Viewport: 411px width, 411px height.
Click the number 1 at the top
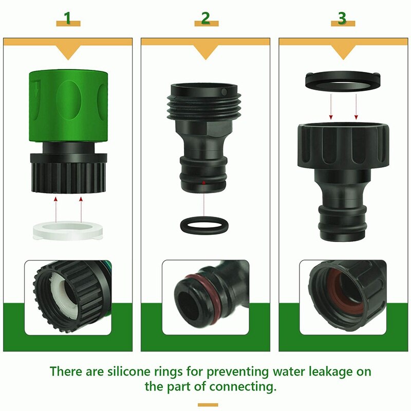point(68,19)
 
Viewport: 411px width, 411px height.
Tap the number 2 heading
point(206,19)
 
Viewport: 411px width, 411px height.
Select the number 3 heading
point(342,19)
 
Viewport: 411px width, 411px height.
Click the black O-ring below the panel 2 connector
point(204,225)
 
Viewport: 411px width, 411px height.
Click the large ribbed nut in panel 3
point(341,146)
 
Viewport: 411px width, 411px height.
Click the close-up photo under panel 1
point(68,298)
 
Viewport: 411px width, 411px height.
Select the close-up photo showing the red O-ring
point(206,298)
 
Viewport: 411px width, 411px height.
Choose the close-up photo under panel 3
point(342,298)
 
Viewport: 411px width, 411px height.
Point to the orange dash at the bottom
point(208,404)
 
